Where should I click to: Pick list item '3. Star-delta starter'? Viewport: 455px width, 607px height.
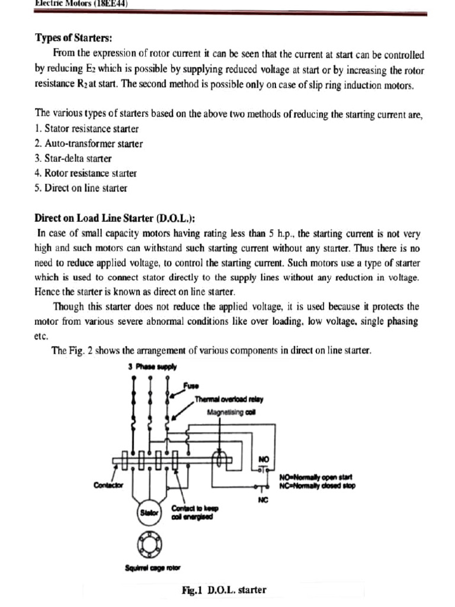coord(73,158)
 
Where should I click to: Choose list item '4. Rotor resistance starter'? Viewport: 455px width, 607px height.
coord(86,173)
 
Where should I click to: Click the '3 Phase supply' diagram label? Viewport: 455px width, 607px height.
coord(152,366)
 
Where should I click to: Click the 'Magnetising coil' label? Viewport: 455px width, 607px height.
coord(231,411)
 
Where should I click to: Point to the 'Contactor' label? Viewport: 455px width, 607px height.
coord(108,485)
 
